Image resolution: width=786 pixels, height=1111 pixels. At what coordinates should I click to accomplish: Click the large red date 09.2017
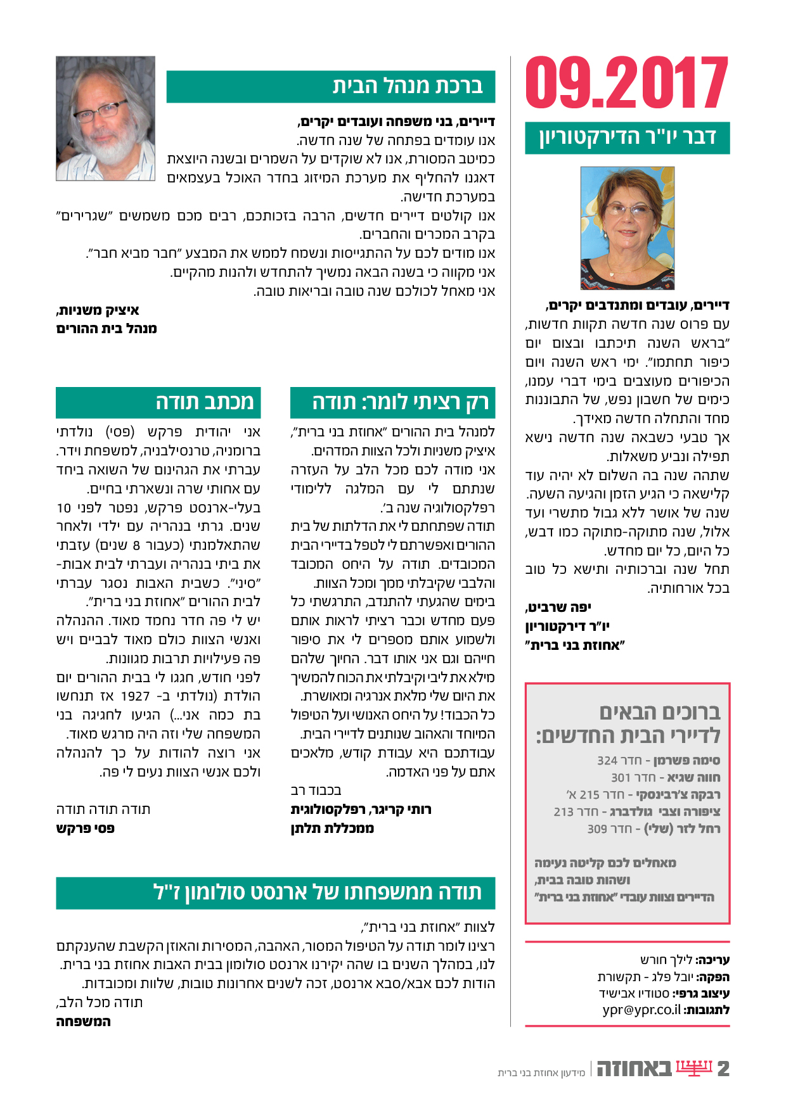click(627, 82)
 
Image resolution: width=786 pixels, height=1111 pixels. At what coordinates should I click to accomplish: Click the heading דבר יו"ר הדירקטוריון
click(627, 137)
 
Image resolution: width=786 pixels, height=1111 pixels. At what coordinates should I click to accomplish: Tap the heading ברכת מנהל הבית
click(407, 86)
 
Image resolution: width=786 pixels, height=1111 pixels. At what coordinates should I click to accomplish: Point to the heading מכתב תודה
click(204, 402)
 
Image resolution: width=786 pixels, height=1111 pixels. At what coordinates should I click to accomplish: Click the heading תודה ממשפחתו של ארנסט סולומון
click(318, 892)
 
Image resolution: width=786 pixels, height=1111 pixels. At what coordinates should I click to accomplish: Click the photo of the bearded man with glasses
click(105, 118)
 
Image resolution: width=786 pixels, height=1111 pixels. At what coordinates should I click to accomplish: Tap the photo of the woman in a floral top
click(627, 228)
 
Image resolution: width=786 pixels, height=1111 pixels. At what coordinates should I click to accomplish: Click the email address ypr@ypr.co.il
click(641, 1010)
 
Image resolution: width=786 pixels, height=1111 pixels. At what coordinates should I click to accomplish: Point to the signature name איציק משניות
click(98, 310)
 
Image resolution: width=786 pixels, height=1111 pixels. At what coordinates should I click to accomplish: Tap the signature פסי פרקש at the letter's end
click(86, 828)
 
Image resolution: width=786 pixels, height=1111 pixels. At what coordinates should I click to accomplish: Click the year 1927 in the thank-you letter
click(135, 696)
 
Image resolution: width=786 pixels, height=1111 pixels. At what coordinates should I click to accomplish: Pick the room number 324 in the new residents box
click(607, 761)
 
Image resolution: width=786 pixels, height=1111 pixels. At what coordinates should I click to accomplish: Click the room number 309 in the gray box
click(597, 829)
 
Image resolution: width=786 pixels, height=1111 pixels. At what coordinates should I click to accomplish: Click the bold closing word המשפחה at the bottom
click(83, 1021)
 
